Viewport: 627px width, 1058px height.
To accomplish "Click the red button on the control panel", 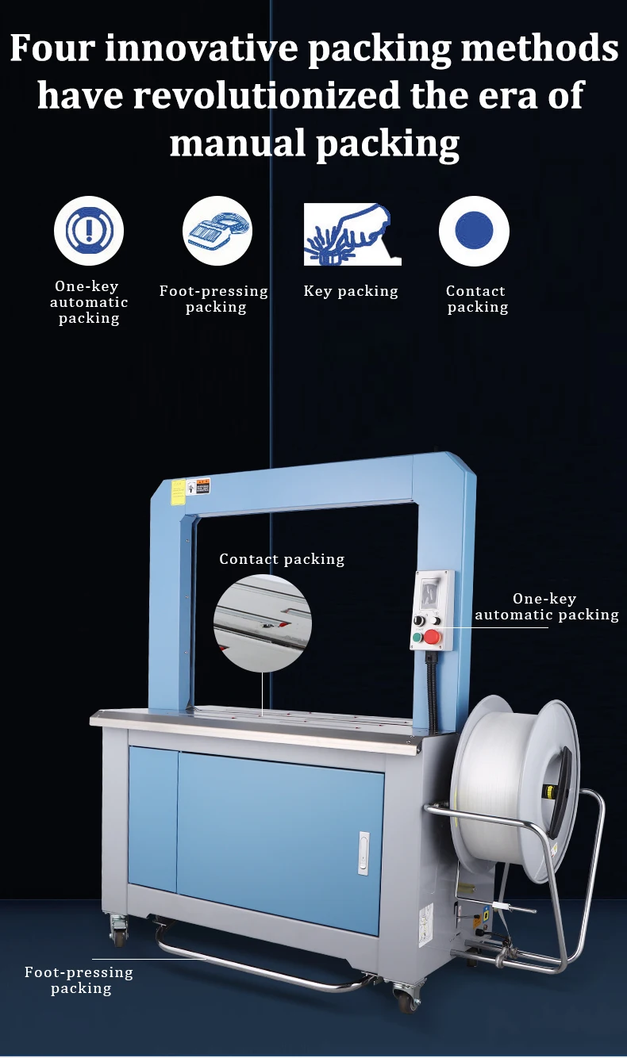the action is click(x=432, y=636).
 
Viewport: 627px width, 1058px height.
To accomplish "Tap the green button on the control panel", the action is click(x=416, y=636).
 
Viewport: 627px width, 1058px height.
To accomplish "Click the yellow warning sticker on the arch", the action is click(x=179, y=493).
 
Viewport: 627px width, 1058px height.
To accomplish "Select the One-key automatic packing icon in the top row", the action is click(x=89, y=231).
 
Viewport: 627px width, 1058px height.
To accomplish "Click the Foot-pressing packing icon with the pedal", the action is click(x=217, y=231).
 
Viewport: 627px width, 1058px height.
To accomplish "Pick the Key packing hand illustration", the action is click(x=352, y=234).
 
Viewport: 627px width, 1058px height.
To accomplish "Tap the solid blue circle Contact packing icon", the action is click(x=475, y=231).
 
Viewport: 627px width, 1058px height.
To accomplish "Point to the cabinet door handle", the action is click(x=364, y=853).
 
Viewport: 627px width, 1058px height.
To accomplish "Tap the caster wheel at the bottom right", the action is click(x=406, y=997).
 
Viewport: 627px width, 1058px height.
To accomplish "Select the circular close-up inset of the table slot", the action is click(x=262, y=623).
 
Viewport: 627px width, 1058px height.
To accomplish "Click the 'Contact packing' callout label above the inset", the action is click(x=282, y=559).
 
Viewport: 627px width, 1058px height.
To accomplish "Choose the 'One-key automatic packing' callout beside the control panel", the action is click(x=547, y=607).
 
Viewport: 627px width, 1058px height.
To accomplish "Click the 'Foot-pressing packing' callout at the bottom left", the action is click(x=79, y=980).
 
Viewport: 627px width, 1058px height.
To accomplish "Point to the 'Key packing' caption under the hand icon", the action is click(x=351, y=291).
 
